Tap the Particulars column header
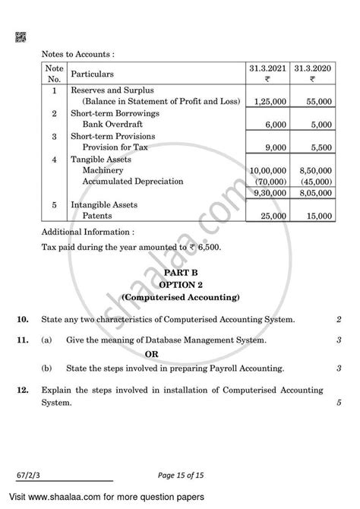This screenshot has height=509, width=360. pyautogui.click(x=92, y=74)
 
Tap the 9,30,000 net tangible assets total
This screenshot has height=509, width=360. pyautogui.click(x=270, y=194)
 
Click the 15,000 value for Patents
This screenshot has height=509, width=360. pyautogui.click(x=314, y=217)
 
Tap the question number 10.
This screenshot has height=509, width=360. pyautogui.click(x=24, y=322)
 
